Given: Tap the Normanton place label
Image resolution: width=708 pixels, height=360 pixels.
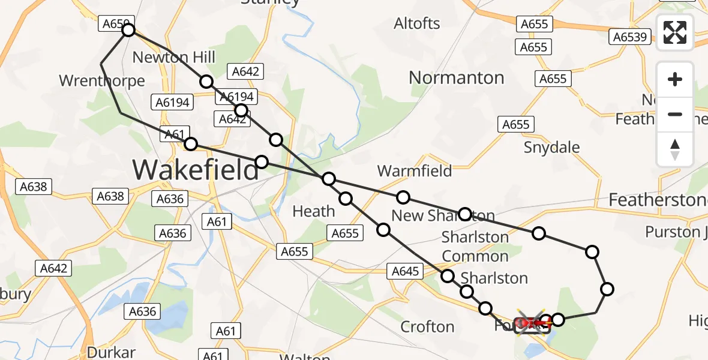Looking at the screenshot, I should tap(456, 77).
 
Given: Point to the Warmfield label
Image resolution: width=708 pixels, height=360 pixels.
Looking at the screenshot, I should tap(415, 171).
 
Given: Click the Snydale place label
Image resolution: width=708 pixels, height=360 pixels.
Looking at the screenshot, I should tap(552, 147).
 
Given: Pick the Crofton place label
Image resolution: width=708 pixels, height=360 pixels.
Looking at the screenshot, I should tap(427, 327).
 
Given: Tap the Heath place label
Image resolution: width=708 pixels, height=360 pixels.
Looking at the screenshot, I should tap(313, 211).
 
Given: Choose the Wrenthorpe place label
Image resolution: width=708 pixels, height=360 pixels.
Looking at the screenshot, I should tap(102, 81).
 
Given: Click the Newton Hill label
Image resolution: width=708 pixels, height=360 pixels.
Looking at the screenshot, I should tap(173, 58).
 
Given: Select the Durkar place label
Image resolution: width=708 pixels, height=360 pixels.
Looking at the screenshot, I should tap(111, 352).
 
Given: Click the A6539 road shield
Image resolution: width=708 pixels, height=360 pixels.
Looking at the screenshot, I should tap(630, 37).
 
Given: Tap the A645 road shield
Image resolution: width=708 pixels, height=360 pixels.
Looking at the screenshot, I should tap(405, 271).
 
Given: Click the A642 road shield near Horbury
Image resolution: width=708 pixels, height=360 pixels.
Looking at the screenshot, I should tap(53, 268).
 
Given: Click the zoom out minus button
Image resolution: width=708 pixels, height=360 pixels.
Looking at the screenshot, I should tap(675, 114).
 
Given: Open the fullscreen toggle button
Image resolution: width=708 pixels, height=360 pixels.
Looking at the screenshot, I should tap(675, 32).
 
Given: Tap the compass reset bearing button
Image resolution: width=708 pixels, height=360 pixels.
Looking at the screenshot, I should tap(675, 149).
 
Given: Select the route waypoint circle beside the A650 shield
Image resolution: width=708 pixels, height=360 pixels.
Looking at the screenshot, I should tap(128, 30).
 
